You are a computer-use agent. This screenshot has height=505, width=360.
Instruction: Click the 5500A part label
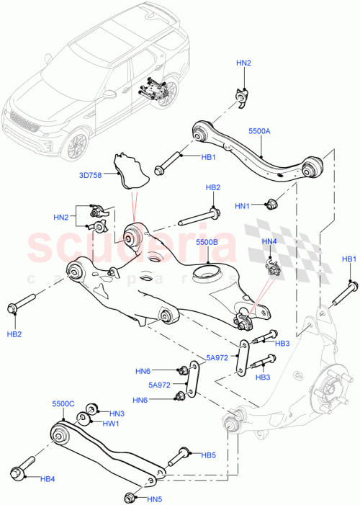pyautogui.click(x=259, y=132)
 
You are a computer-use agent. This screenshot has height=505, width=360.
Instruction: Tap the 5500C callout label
pyautogui.click(x=64, y=406)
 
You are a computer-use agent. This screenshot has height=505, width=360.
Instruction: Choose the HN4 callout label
pyautogui.click(x=269, y=241)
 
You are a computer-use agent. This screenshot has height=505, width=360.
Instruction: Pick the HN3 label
pyautogui.click(x=117, y=414)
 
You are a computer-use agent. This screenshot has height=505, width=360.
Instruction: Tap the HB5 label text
pyautogui.click(x=208, y=455)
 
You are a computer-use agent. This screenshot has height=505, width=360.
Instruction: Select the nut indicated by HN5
pyautogui.click(x=130, y=496)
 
